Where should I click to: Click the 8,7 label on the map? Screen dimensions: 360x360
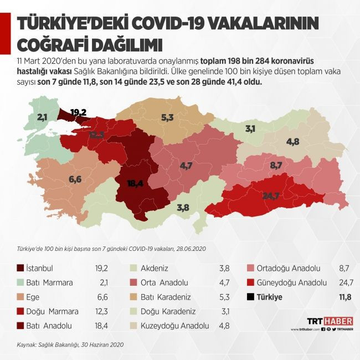tap(276, 165)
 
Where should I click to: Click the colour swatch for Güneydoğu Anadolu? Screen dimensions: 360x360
tap(253, 282)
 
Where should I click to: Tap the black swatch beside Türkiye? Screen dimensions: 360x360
tap(253, 297)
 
